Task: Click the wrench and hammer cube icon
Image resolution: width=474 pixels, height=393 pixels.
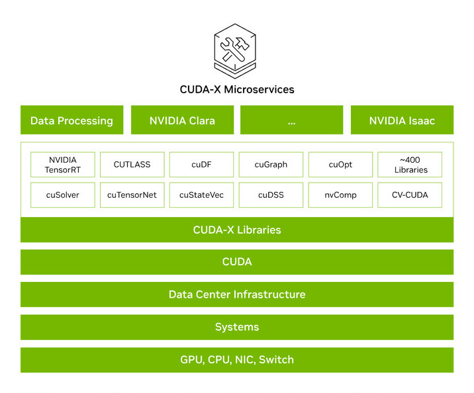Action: (x=235, y=51)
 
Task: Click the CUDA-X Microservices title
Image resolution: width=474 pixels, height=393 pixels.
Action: (x=237, y=89)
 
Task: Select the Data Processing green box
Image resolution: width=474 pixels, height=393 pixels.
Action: (x=72, y=120)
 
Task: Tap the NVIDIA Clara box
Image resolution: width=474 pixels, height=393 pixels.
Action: (x=182, y=120)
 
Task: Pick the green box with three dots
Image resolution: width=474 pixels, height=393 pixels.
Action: (x=292, y=120)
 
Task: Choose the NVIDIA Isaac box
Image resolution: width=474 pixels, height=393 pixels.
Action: (x=402, y=120)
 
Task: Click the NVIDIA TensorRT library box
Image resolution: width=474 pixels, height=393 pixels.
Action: (x=63, y=165)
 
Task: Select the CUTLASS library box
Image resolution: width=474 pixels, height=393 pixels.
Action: (x=132, y=165)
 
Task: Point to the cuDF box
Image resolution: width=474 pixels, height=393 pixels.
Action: (x=202, y=165)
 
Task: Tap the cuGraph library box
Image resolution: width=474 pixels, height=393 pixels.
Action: (x=271, y=165)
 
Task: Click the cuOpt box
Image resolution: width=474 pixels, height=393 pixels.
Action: (x=340, y=165)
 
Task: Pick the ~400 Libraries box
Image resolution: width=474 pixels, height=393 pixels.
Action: (x=410, y=165)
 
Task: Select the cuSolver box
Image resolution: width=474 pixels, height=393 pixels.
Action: (x=63, y=195)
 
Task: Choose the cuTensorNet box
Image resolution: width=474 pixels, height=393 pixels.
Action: (x=132, y=195)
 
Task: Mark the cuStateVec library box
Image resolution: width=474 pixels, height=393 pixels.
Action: (x=202, y=195)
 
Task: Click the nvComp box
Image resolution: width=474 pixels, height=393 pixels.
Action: (x=340, y=195)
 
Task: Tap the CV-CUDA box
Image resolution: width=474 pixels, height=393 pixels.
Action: (x=410, y=195)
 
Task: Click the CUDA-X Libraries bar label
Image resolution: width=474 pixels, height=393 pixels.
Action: (x=237, y=230)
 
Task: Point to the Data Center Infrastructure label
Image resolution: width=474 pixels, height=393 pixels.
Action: (x=237, y=294)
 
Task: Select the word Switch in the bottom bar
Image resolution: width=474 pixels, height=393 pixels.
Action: (x=276, y=359)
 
